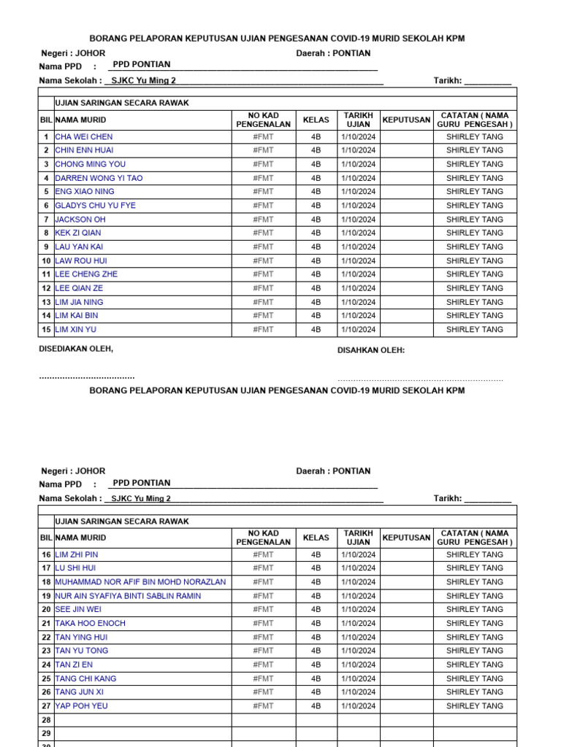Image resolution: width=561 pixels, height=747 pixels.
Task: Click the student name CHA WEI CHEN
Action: coord(84,136)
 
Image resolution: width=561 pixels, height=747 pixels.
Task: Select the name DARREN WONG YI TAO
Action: coord(99,178)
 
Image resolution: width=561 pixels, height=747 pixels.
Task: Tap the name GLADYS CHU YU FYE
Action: coord(96,206)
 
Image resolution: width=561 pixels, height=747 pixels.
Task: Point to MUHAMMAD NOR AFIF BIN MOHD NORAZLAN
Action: coord(140,582)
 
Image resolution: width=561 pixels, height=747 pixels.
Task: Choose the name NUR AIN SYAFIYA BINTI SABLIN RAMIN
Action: coord(128,596)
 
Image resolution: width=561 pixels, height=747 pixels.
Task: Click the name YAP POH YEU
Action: coord(81,706)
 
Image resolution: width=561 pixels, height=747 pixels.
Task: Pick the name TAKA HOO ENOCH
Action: coord(91,624)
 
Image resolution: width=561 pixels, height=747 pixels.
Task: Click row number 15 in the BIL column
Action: coord(46,330)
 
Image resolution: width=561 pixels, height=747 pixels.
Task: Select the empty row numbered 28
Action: coord(46,720)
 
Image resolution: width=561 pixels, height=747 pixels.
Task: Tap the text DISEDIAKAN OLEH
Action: coord(76,349)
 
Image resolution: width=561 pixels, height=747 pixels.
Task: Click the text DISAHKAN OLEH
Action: coord(371,350)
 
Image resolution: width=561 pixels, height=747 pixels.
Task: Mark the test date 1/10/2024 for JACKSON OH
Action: coord(358,220)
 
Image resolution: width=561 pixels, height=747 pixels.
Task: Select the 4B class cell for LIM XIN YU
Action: coord(316,330)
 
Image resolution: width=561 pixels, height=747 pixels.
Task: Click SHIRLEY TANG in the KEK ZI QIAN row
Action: coord(475,233)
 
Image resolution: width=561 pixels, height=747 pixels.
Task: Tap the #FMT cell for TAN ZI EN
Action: coord(263,665)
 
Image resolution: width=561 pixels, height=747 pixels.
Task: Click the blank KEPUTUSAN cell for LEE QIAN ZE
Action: coord(406,288)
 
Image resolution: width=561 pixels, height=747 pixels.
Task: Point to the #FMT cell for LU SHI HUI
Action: coord(263,568)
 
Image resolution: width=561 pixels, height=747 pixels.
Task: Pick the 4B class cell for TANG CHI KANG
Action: coord(316,678)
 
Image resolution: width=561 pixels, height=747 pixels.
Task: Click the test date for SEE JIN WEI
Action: coord(358,610)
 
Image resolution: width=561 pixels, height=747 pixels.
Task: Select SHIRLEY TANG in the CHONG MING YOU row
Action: coord(475,164)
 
